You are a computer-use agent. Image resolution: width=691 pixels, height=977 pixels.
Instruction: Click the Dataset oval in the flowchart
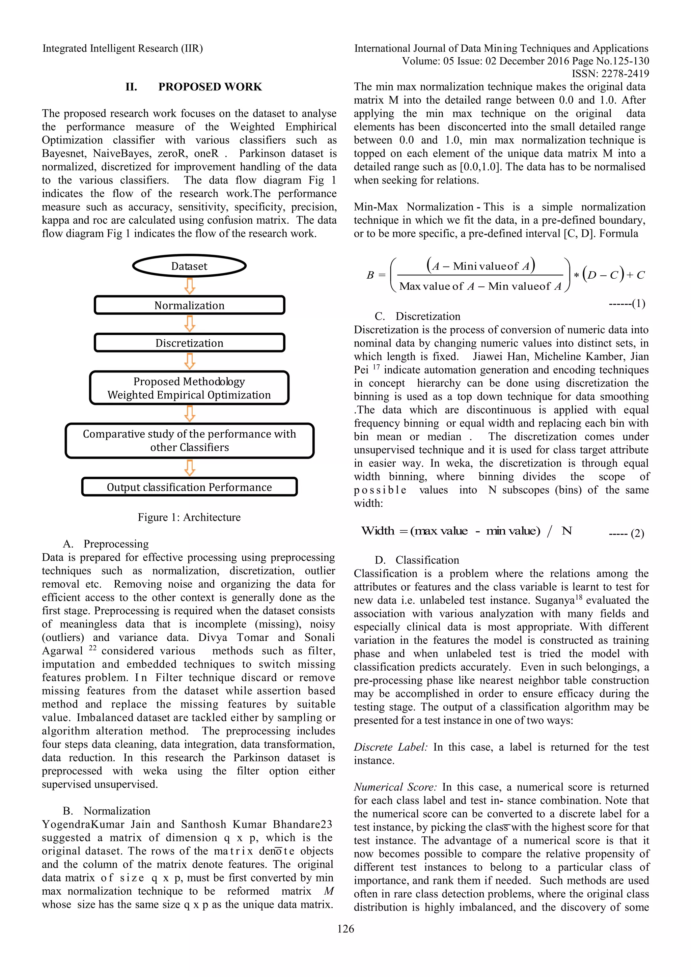189,266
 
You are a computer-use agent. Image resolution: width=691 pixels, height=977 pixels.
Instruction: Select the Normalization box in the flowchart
189,305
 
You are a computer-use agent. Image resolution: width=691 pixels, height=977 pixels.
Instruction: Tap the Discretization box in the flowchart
189,342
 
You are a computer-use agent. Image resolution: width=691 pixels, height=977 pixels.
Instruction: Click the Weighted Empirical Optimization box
189,388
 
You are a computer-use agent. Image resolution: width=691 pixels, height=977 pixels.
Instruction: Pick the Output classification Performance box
189,487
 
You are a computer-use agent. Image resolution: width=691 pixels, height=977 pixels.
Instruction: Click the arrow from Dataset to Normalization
190,286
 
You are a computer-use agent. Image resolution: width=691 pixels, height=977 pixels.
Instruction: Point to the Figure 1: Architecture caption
189,517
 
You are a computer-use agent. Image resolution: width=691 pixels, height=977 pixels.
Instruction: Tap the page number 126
345,929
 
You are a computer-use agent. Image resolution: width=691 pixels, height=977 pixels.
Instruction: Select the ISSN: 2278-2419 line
610,74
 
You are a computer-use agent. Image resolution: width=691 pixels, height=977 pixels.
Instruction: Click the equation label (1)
638,303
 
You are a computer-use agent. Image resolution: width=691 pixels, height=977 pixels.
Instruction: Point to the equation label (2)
637,533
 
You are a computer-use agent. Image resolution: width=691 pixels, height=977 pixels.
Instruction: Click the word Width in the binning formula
378,531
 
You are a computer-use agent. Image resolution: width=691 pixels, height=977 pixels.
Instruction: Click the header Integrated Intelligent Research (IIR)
122,49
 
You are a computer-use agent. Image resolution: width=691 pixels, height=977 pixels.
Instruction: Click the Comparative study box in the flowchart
189,440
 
